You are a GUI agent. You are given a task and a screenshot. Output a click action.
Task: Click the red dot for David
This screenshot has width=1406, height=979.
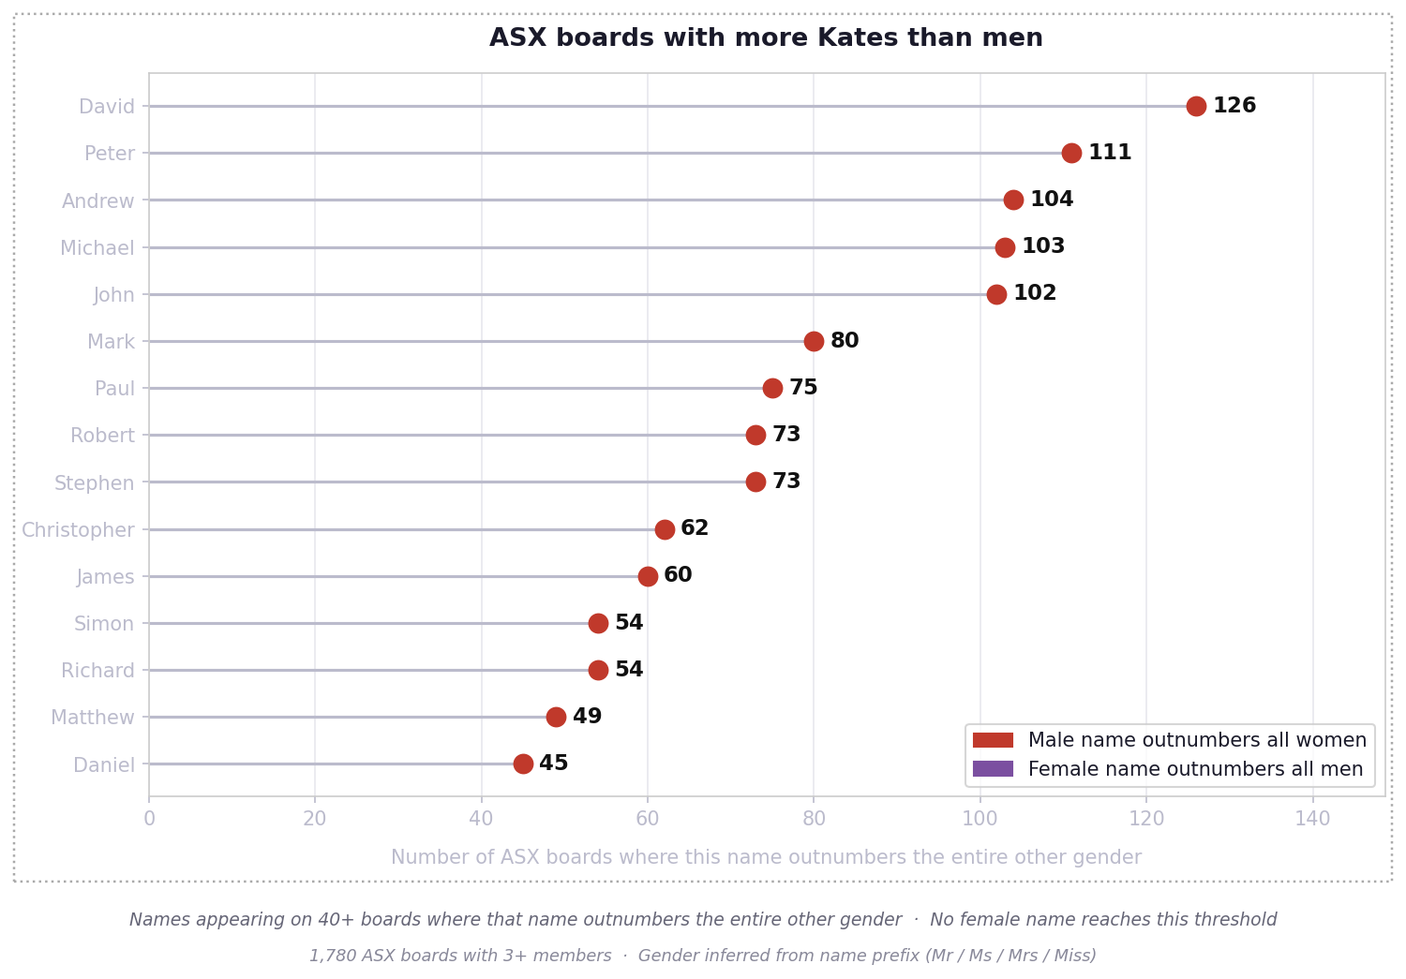[1196, 107]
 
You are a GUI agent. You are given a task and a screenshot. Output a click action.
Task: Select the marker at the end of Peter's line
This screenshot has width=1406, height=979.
[1071, 154]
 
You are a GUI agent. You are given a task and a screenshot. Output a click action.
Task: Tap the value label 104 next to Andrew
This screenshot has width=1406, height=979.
[1051, 200]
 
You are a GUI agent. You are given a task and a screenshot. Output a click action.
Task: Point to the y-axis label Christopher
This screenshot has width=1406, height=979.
[78, 530]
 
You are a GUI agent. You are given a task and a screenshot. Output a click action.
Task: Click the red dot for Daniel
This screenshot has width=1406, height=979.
[523, 764]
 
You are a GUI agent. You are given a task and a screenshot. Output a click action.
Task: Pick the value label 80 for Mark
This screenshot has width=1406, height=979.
[844, 341]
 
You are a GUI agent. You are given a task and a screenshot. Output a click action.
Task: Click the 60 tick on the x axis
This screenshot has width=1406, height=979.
[648, 820]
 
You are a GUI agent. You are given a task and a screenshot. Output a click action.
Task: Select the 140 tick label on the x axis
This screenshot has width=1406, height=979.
[1312, 820]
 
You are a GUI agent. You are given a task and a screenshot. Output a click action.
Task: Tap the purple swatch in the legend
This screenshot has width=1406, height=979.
[993, 769]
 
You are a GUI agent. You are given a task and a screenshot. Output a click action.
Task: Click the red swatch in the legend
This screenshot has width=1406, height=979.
[993, 741]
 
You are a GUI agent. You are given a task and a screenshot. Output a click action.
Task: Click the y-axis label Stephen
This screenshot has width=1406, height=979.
[94, 483]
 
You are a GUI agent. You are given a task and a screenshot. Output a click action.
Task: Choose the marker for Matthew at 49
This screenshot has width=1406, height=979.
[556, 718]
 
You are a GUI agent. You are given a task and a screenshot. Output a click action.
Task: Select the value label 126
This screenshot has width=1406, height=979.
[1234, 106]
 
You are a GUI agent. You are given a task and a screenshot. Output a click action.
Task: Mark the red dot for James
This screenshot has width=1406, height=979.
[648, 576]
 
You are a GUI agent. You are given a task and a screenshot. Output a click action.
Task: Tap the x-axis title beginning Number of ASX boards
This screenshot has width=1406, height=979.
[766, 858]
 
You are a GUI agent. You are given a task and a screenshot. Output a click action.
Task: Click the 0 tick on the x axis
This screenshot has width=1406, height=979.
[149, 820]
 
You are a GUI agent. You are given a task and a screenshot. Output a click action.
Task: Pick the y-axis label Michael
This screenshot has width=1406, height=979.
[97, 248]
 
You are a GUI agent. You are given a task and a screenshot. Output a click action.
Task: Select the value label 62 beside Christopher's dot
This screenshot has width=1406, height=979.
[695, 528]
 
